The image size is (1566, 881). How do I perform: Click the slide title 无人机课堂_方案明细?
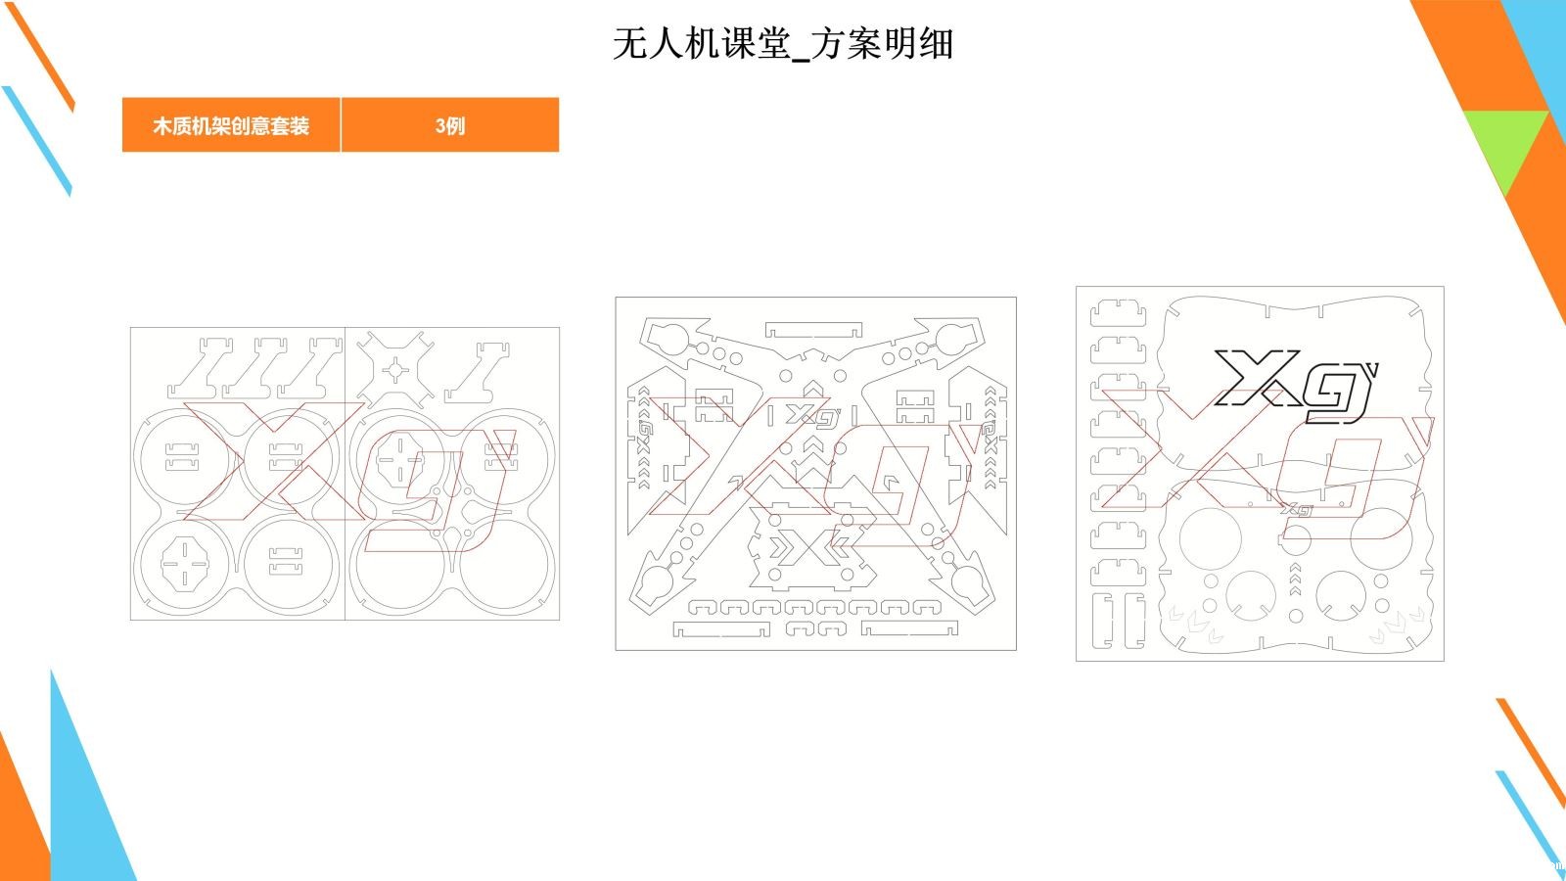[x=783, y=43]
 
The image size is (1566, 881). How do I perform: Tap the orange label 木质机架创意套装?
[x=231, y=125]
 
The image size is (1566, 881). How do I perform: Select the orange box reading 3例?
[x=450, y=125]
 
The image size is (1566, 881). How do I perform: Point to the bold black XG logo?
[x=1293, y=386]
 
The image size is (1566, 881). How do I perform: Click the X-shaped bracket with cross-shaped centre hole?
[x=395, y=370]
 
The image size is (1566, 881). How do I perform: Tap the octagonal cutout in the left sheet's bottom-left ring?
[x=185, y=563]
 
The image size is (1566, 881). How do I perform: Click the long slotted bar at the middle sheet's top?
[x=813, y=329]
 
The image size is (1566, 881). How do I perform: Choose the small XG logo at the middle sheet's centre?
[x=812, y=415]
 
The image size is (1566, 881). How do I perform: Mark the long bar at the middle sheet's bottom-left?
[x=720, y=630]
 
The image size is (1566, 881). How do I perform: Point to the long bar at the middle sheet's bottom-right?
[x=909, y=628]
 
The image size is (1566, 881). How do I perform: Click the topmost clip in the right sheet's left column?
[x=1118, y=312]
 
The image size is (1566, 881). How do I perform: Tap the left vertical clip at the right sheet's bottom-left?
[x=1102, y=621]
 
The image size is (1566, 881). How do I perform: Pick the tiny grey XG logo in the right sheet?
[x=1296, y=510]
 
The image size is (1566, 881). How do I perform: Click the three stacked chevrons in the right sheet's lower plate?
[x=1295, y=579]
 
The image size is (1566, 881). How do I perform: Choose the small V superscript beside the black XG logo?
[x=1372, y=370]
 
